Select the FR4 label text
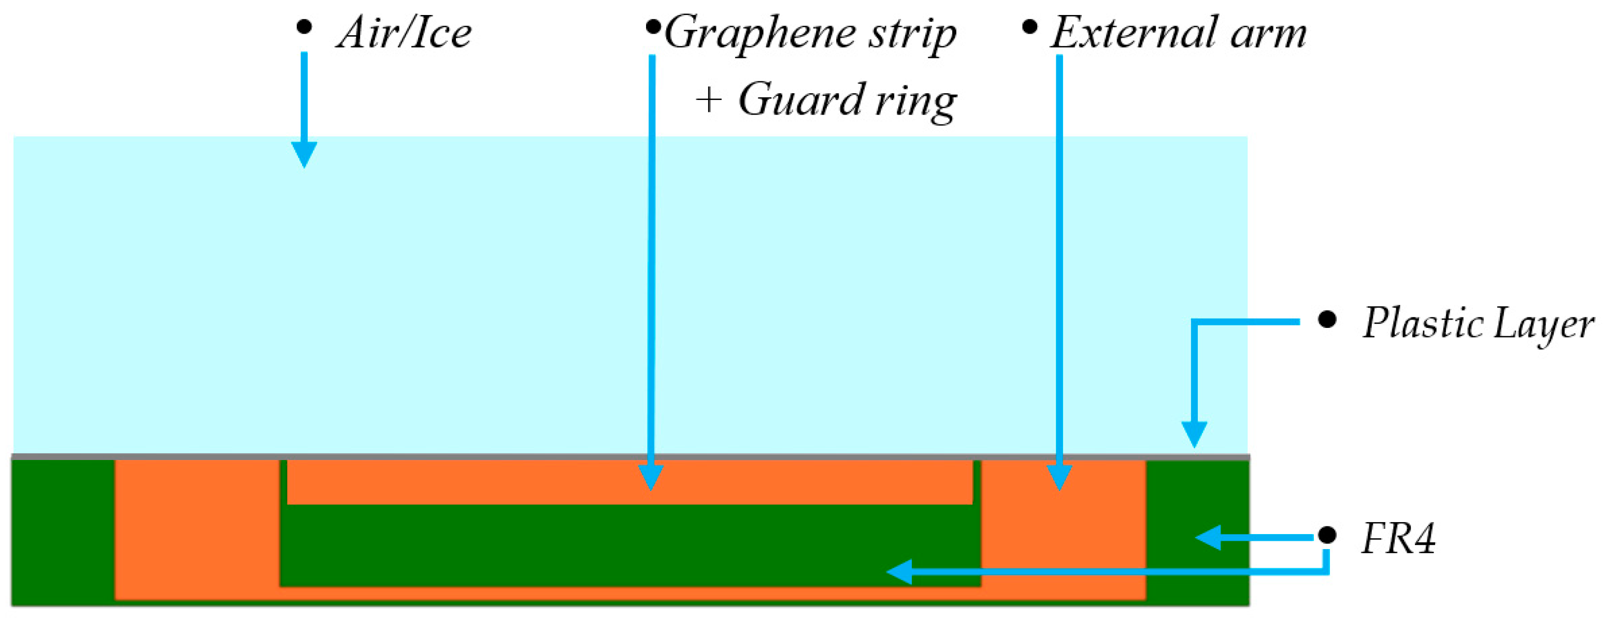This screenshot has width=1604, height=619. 1398,538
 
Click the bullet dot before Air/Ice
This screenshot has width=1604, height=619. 304,27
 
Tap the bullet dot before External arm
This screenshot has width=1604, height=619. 1030,27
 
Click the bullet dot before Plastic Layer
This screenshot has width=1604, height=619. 1327,320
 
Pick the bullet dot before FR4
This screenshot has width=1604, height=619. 1327,535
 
